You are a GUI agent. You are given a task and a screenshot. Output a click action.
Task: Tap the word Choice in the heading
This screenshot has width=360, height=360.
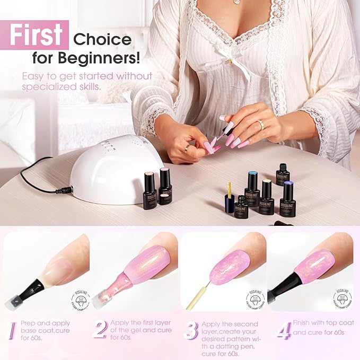pos(102,39)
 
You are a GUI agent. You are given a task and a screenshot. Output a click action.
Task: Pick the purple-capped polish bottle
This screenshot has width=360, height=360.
pos(287,199)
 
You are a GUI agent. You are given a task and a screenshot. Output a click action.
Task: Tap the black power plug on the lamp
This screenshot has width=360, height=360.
pos(65,189)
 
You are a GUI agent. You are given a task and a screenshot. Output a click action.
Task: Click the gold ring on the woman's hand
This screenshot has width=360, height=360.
pos(260,125)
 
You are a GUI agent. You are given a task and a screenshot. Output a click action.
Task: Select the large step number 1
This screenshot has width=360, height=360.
pos(11,330)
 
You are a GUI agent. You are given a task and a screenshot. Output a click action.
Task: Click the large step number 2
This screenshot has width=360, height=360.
pos(100,329)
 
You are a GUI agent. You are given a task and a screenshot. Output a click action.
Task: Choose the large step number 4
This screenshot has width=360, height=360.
pos(283,330)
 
